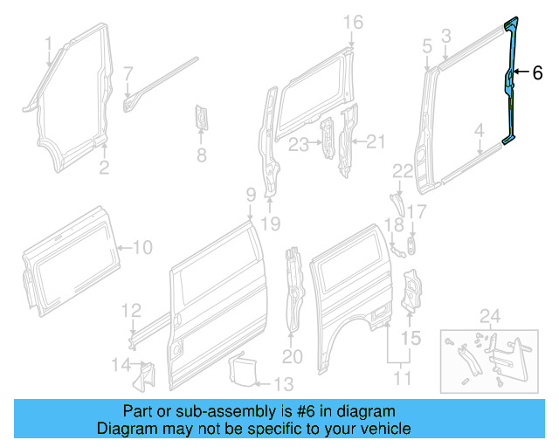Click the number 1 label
(48, 42)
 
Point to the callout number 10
(142, 248)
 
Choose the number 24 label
(489, 315)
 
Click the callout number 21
(375, 141)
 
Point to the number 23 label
(300, 144)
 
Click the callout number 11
(402, 379)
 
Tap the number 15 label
(411, 337)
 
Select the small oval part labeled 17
(411, 244)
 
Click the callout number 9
(250, 193)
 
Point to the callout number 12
(130, 309)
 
